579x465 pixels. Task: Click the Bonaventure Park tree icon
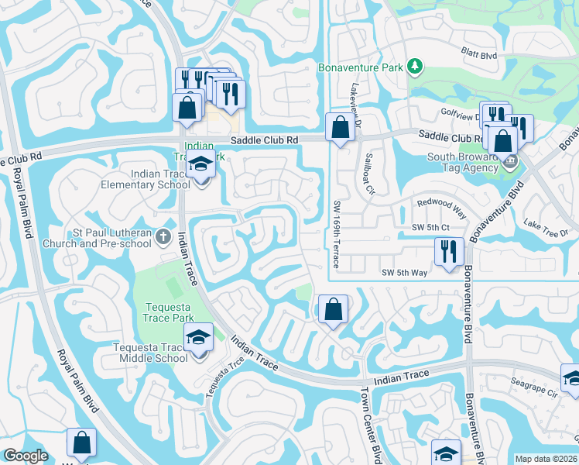tap(415, 67)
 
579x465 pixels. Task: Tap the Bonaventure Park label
tap(361, 67)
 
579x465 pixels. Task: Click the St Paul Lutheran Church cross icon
tap(163, 235)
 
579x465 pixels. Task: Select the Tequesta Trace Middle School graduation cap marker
tap(200, 338)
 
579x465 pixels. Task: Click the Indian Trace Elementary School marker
tap(201, 165)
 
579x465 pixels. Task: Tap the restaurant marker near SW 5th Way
tap(449, 251)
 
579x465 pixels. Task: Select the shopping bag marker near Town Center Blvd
tap(332, 310)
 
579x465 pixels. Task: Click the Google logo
tap(26, 456)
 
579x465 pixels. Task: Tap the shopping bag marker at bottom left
tap(81, 443)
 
